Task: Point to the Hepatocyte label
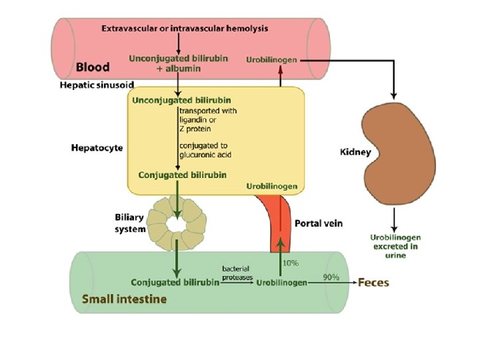point(97,148)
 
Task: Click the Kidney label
point(355,153)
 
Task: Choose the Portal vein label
point(318,223)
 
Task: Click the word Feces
point(373,282)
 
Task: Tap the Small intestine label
point(124,299)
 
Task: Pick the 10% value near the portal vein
point(291,263)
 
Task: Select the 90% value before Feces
point(331,277)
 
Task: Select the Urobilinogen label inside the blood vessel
point(271,59)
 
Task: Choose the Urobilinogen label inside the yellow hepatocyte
point(271,186)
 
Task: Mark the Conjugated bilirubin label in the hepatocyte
point(182,175)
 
